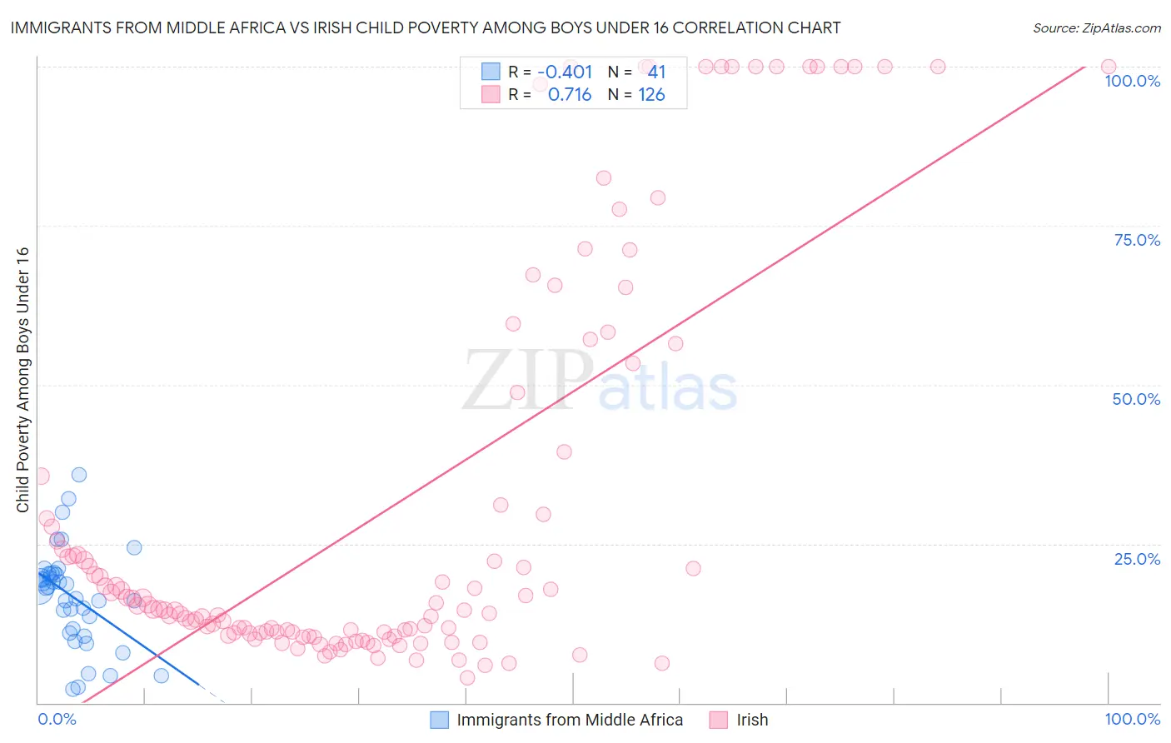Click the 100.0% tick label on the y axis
(x=1132, y=81)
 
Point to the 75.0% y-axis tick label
(x=1137, y=240)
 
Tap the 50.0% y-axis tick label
(x=1136, y=399)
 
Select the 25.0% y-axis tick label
(x=1137, y=559)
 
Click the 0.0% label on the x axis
(x=57, y=719)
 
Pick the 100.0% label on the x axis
(x=1132, y=719)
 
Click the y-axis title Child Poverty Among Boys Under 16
(x=22, y=380)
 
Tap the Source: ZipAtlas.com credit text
(x=1096, y=27)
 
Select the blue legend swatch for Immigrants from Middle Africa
(x=439, y=720)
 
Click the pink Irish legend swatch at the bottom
(x=719, y=720)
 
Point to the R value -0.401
(x=565, y=72)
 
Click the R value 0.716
(x=570, y=95)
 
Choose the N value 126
(x=651, y=95)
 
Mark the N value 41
(x=656, y=72)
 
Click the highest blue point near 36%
(x=79, y=475)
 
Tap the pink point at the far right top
(x=1108, y=67)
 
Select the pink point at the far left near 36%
(x=41, y=476)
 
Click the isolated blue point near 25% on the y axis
(x=134, y=547)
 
